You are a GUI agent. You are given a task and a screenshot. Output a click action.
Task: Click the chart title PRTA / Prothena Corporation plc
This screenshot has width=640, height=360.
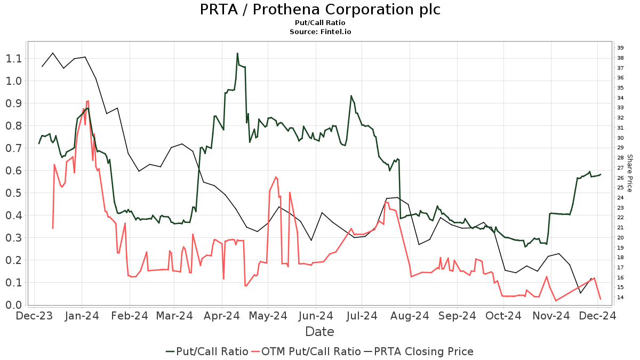coord(320,10)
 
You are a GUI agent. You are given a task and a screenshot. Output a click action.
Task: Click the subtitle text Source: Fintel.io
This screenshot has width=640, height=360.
coord(320,32)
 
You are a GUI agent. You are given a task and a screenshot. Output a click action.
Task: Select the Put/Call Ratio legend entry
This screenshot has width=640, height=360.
coord(207,351)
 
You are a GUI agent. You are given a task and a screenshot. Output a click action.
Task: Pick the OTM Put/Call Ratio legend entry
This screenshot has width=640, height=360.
coord(306,351)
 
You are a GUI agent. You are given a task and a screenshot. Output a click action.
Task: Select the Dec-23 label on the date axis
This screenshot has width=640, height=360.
coord(35,316)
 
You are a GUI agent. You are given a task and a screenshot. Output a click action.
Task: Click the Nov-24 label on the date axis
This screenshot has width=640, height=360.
coord(551,316)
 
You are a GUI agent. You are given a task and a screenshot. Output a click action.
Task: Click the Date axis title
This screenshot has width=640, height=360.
coord(319,332)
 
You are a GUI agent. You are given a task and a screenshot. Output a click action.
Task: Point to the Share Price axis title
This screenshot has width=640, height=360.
coord(629,173)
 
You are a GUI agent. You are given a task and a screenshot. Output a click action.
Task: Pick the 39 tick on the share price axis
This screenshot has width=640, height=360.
coord(620,48)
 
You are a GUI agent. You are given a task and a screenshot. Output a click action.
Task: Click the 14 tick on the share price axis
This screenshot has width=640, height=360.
coord(620,297)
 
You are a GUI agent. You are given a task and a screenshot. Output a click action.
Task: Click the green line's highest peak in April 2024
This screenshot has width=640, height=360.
coord(237,53)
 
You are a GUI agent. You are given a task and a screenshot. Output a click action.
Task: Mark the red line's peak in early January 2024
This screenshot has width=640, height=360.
coord(87,100)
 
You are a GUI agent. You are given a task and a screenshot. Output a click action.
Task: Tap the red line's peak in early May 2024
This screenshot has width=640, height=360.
coord(276,177)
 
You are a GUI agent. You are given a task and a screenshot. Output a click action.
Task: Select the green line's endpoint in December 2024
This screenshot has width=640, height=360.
coord(601,174)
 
